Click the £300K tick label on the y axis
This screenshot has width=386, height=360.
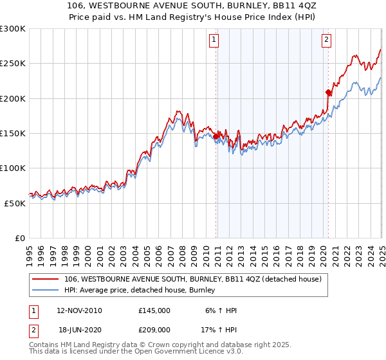(13, 29)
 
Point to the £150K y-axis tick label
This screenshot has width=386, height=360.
(13, 133)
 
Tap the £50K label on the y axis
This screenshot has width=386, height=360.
(15, 203)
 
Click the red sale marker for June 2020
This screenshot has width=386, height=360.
(328, 92)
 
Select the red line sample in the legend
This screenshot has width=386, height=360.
(45, 279)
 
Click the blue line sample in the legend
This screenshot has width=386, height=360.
(45, 291)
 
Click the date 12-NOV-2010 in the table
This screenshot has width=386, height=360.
(80, 310)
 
